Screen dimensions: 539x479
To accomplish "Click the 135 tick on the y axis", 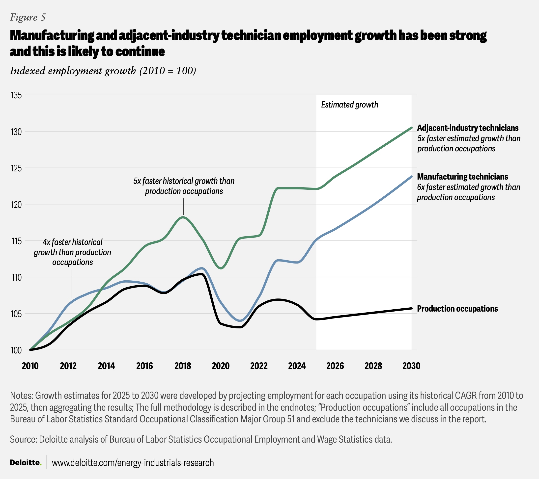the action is (16, 95).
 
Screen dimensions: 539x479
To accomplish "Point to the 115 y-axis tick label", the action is (16, 241).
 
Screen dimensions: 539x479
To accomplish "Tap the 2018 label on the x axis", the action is (183, 366).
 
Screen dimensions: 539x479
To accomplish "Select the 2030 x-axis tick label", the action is (411, 366).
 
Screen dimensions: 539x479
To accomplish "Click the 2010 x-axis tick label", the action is (30, 366).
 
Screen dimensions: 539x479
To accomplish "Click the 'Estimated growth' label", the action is (350, 105).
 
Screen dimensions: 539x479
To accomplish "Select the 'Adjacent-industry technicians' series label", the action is (468, 128).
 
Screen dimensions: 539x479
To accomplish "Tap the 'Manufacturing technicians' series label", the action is (462, 177).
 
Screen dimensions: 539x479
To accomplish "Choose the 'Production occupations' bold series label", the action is (457, 309).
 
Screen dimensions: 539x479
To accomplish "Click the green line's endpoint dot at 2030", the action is (411, 128).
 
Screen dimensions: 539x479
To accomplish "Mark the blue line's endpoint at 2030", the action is (411, 177).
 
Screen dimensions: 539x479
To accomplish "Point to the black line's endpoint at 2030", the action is (411, 308).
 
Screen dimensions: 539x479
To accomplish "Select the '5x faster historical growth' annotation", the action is (184, 186).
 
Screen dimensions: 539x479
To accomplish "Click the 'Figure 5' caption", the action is (28, 17).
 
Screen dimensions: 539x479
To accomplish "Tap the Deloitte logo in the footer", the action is (26, 462).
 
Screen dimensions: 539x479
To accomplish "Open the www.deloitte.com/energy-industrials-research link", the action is (133, 463).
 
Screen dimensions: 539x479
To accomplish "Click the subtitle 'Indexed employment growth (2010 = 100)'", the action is (103, 71).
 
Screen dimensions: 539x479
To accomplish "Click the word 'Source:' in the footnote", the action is (24, 439).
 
